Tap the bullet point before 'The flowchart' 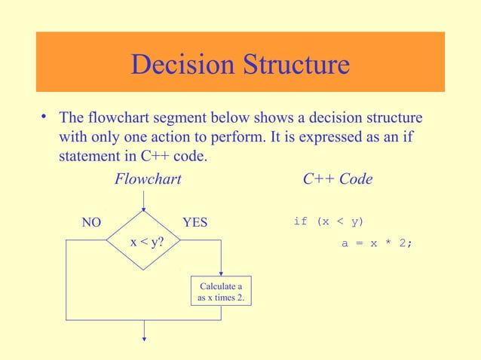[x=45, y=117]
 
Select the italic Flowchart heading [x=148, y=179]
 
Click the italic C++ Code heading [x=337, y=179]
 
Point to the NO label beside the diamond [x=90, y=222]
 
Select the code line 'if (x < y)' [x=328, y=221]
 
